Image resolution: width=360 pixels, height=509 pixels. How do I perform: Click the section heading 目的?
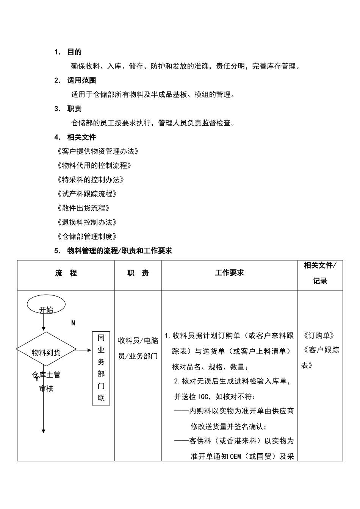pyautogui.click(x=74, y=52)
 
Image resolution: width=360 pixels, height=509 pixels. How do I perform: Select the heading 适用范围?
pyautogui.click(x=81, y=80)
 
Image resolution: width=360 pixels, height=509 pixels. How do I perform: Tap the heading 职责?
pyautogui.click(x=74, y=109)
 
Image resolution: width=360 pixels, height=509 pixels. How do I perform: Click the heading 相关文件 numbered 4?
pyautogui.click(x=81, y=137)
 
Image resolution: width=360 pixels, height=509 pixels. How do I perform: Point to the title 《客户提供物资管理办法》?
pyautogui.click(x=97, y=151)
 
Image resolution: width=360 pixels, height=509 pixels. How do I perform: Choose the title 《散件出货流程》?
pyautogui.click(x=83, y=208)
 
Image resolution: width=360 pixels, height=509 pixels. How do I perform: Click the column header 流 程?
pyautogui.click(x=66, y=273)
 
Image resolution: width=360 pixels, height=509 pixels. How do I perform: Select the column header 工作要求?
pyautogui.click(x=229, y=273)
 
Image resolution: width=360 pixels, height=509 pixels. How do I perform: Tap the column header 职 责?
pyautogui.click(x=138, y=273)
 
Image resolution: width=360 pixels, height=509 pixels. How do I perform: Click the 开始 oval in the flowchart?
pyautogui.click(x=46, y=305)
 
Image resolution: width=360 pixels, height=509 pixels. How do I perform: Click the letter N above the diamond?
pyautogui.click(x=73, y=323)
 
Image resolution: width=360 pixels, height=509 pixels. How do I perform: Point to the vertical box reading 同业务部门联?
pyautogui.click(x=101, y=368)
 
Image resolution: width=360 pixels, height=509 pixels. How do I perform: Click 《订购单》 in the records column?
pyautogui.click(x=319, y=336)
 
